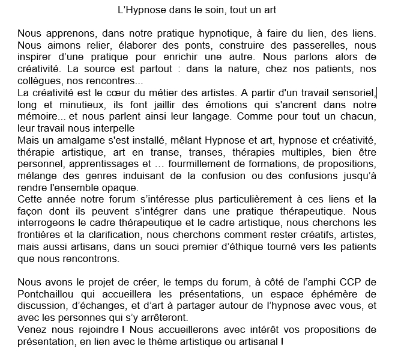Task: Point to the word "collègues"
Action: tap(40, 81)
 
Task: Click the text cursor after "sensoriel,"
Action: tap(376, 93)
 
